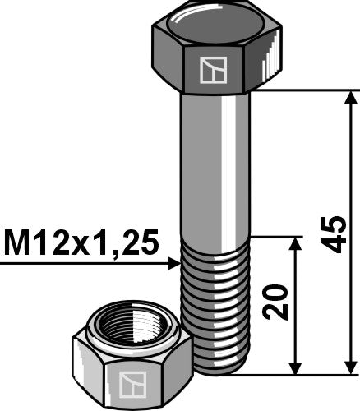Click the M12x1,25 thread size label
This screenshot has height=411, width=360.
81,243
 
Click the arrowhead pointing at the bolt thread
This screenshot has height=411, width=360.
174,264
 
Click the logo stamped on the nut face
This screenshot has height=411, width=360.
128,384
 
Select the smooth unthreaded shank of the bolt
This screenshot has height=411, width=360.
214,164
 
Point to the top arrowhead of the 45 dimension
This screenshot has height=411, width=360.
349,98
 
